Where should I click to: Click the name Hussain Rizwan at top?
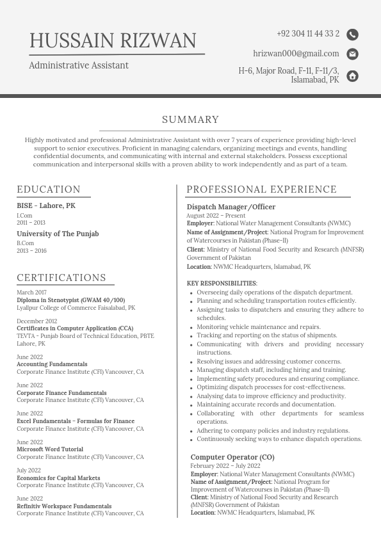tap(113, 40)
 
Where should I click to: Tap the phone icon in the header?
tap(352, 35)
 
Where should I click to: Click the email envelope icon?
tap(352, 54)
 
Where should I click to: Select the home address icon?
tap(352, 76)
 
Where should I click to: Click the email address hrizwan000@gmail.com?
tap(296, 54)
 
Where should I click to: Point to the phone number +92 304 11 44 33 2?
tap(308, 34)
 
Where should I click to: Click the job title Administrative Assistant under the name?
tap(79, 65)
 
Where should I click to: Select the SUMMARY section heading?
tap(190, 120)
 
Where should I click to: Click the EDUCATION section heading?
tap(49, 189)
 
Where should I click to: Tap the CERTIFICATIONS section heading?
tap(61, 278)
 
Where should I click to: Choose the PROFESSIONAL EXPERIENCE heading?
tap(261, 189)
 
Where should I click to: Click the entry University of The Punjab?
tap(58, 234)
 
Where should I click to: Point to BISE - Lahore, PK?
tap(46, 206)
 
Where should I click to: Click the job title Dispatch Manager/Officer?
tap(231, 207)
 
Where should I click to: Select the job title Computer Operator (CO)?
tap(232, 457)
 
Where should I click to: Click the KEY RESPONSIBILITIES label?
tap(222, 284)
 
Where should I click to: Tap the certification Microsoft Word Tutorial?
tap(50, 449)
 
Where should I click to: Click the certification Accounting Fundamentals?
tap(52, 364)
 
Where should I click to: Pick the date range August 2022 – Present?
tap(216, 216)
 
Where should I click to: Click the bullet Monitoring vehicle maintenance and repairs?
tap(259, 326)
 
